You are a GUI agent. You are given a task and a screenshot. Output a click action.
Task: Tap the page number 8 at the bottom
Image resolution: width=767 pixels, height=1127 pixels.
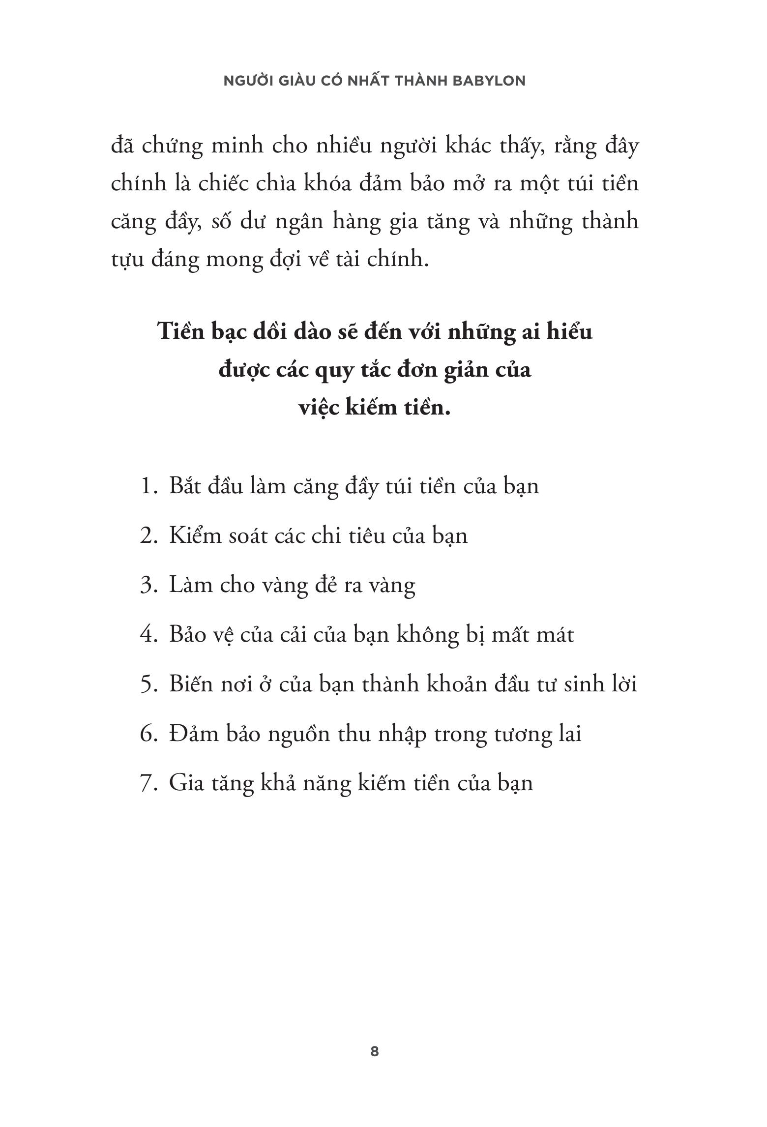click(x=375, y=1052)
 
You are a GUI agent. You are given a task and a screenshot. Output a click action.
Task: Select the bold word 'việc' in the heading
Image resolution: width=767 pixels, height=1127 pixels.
click(x=321, y=408)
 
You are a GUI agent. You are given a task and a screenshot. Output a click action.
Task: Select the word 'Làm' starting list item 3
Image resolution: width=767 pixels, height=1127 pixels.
click(x=187, y=585)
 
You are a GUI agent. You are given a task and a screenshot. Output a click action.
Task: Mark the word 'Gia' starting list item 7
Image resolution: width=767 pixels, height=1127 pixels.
click(x=185, y=783)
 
